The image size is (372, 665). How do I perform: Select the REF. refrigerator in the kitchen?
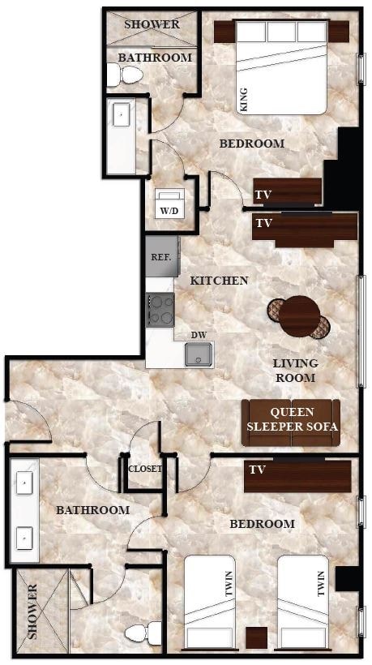click(159, 256)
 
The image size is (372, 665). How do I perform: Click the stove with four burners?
click(160, 309)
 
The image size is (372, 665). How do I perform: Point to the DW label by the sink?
click(198, 335)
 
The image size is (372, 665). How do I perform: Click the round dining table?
click(300, 315)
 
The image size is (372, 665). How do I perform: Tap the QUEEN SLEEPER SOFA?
click(291, 423)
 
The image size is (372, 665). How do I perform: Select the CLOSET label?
click(145, 469)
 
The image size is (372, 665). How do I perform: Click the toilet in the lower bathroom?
click(146, 632)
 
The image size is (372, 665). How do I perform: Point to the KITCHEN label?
click(218, 281)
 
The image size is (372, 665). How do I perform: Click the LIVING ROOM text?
click(295, 371)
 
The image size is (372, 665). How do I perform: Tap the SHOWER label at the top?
click(152, 24)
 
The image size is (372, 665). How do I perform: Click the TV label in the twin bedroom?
click(258, 470)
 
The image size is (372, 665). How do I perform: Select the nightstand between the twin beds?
click(258, 638)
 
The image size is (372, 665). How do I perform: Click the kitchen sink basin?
click(198, 354)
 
